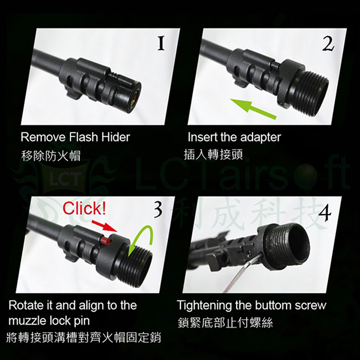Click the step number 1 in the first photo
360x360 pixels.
tap(161, 44)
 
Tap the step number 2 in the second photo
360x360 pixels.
tap(328, 44)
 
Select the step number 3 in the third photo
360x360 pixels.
tap(158, 210)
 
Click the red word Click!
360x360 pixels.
tap(84, 208)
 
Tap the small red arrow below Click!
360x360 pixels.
tap(104, 226)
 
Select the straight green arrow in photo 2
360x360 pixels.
tap(253, 108)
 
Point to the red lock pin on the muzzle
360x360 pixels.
tap(105, 241)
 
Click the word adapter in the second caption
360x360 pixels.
tap(261, 138)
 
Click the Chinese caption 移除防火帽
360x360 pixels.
tap(51, 155)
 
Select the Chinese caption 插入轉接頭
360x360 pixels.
tap(213, 154)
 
